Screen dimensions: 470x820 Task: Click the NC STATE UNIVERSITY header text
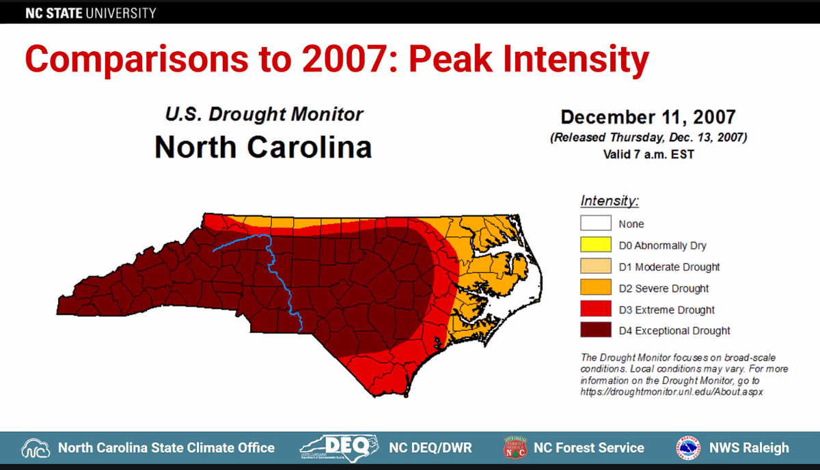(91, 13)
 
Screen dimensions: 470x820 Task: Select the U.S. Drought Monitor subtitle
(264, 114)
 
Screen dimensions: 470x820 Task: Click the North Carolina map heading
(263, 146)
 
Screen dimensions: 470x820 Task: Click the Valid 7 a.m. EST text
(648, 154)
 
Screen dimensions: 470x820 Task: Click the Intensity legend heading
(610, 202)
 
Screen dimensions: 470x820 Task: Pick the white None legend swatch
(595, 223)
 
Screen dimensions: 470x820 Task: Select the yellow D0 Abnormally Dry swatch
(595, 245)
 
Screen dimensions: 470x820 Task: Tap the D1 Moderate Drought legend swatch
(595, 266)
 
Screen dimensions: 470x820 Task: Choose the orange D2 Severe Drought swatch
(595, 288)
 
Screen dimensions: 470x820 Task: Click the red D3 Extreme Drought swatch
(595, 309)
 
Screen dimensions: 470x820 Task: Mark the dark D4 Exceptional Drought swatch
(595, 331)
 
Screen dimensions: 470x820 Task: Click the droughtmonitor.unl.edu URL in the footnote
(671, 391)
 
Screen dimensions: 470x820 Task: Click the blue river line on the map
(273, 260)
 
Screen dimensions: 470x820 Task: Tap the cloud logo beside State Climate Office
(36, 449)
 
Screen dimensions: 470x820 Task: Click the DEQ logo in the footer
(339, 448)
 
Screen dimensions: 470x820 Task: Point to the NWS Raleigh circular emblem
(688, 448)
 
